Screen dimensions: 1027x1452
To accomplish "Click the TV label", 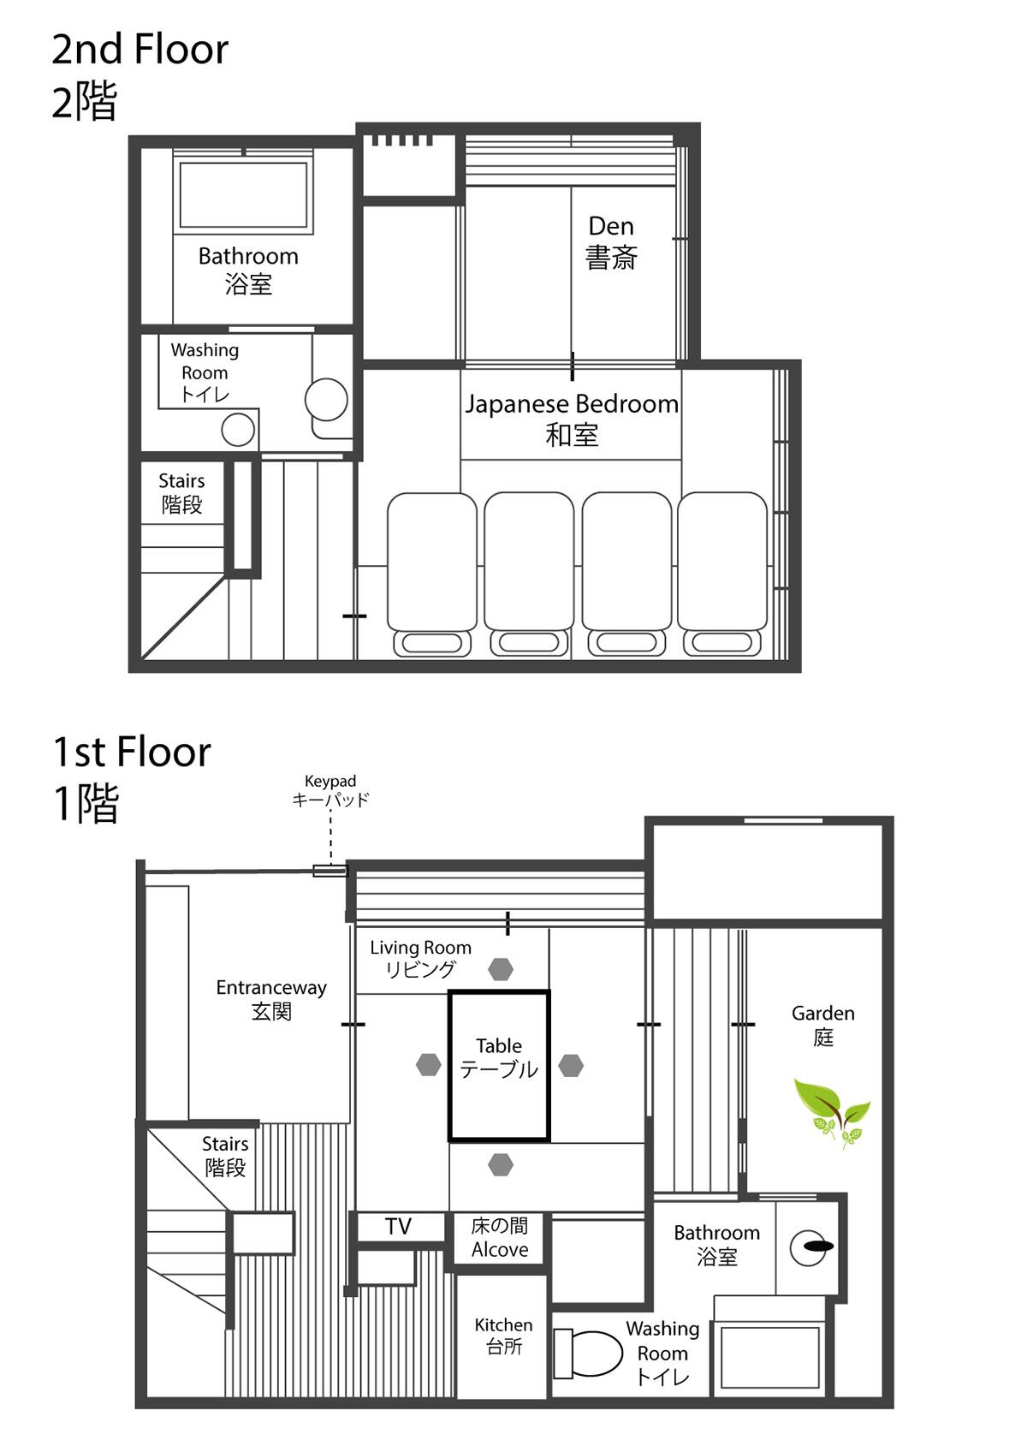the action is [398, 1227].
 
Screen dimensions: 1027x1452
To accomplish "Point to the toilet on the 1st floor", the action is [587, 1354].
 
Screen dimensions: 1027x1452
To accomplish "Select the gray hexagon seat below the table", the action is [500, 1165].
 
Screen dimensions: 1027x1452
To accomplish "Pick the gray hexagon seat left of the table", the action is [428, 1065].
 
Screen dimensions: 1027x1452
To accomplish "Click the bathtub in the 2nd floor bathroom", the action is [243, 194].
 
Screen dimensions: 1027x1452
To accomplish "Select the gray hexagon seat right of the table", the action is [570, 1065].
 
